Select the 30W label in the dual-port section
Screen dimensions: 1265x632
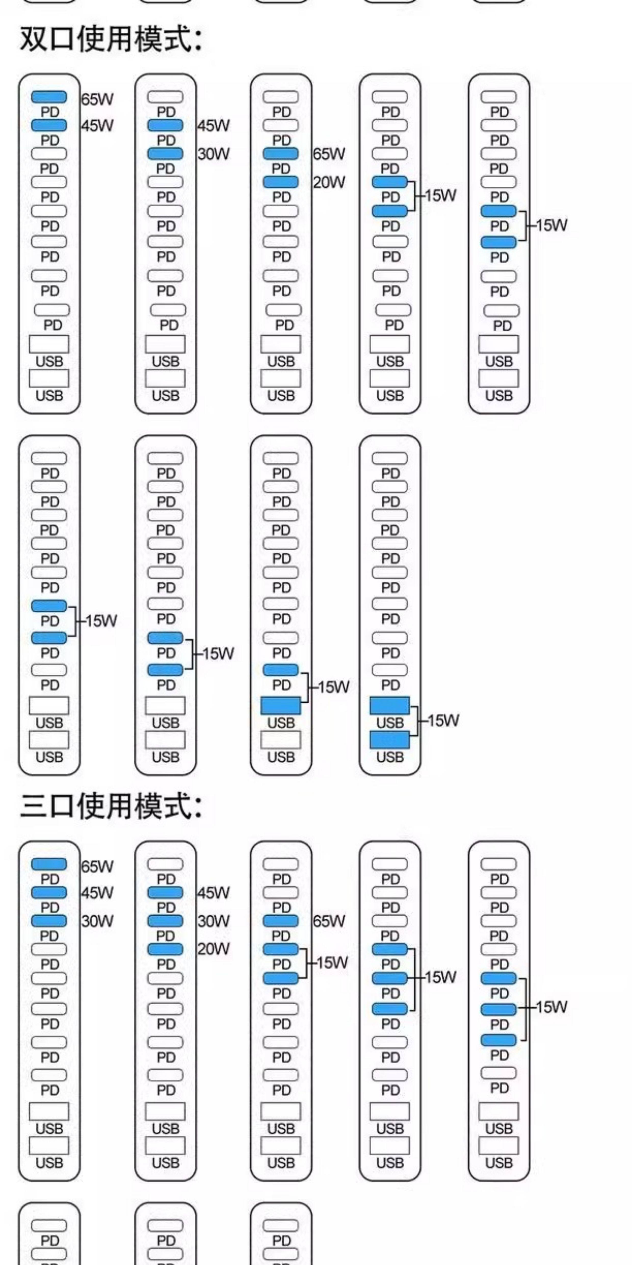coord(214,154)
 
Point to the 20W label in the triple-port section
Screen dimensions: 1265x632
coord(214,949)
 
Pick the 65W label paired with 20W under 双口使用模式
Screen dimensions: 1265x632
coord(329,154)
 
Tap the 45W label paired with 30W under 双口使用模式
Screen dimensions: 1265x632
coord(214,126)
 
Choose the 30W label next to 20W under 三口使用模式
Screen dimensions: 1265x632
coord(214,921)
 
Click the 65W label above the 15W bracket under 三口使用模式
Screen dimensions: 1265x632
coord(329,921)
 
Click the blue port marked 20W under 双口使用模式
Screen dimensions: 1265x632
coord(281,182)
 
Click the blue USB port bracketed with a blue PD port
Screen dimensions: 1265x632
coord(281,706)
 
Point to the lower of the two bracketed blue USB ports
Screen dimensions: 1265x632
coord(390,740)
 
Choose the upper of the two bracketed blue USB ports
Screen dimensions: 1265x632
coord(390,706)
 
